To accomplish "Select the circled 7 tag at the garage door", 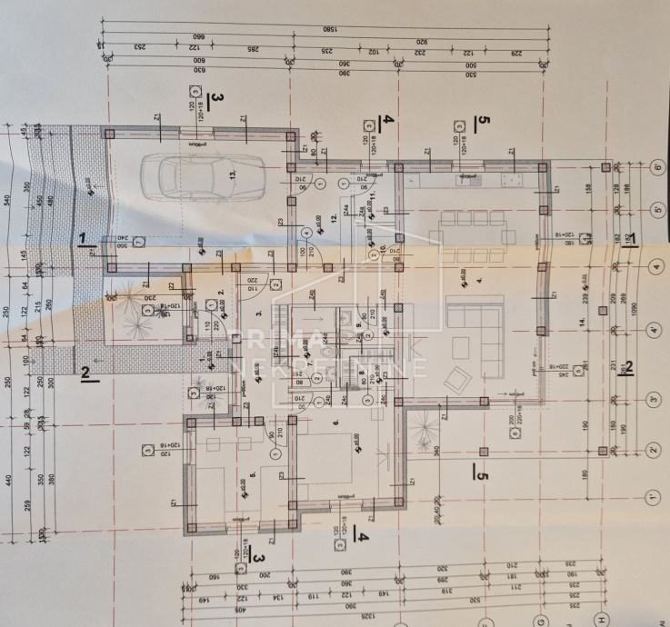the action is click(x=136, y=243).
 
